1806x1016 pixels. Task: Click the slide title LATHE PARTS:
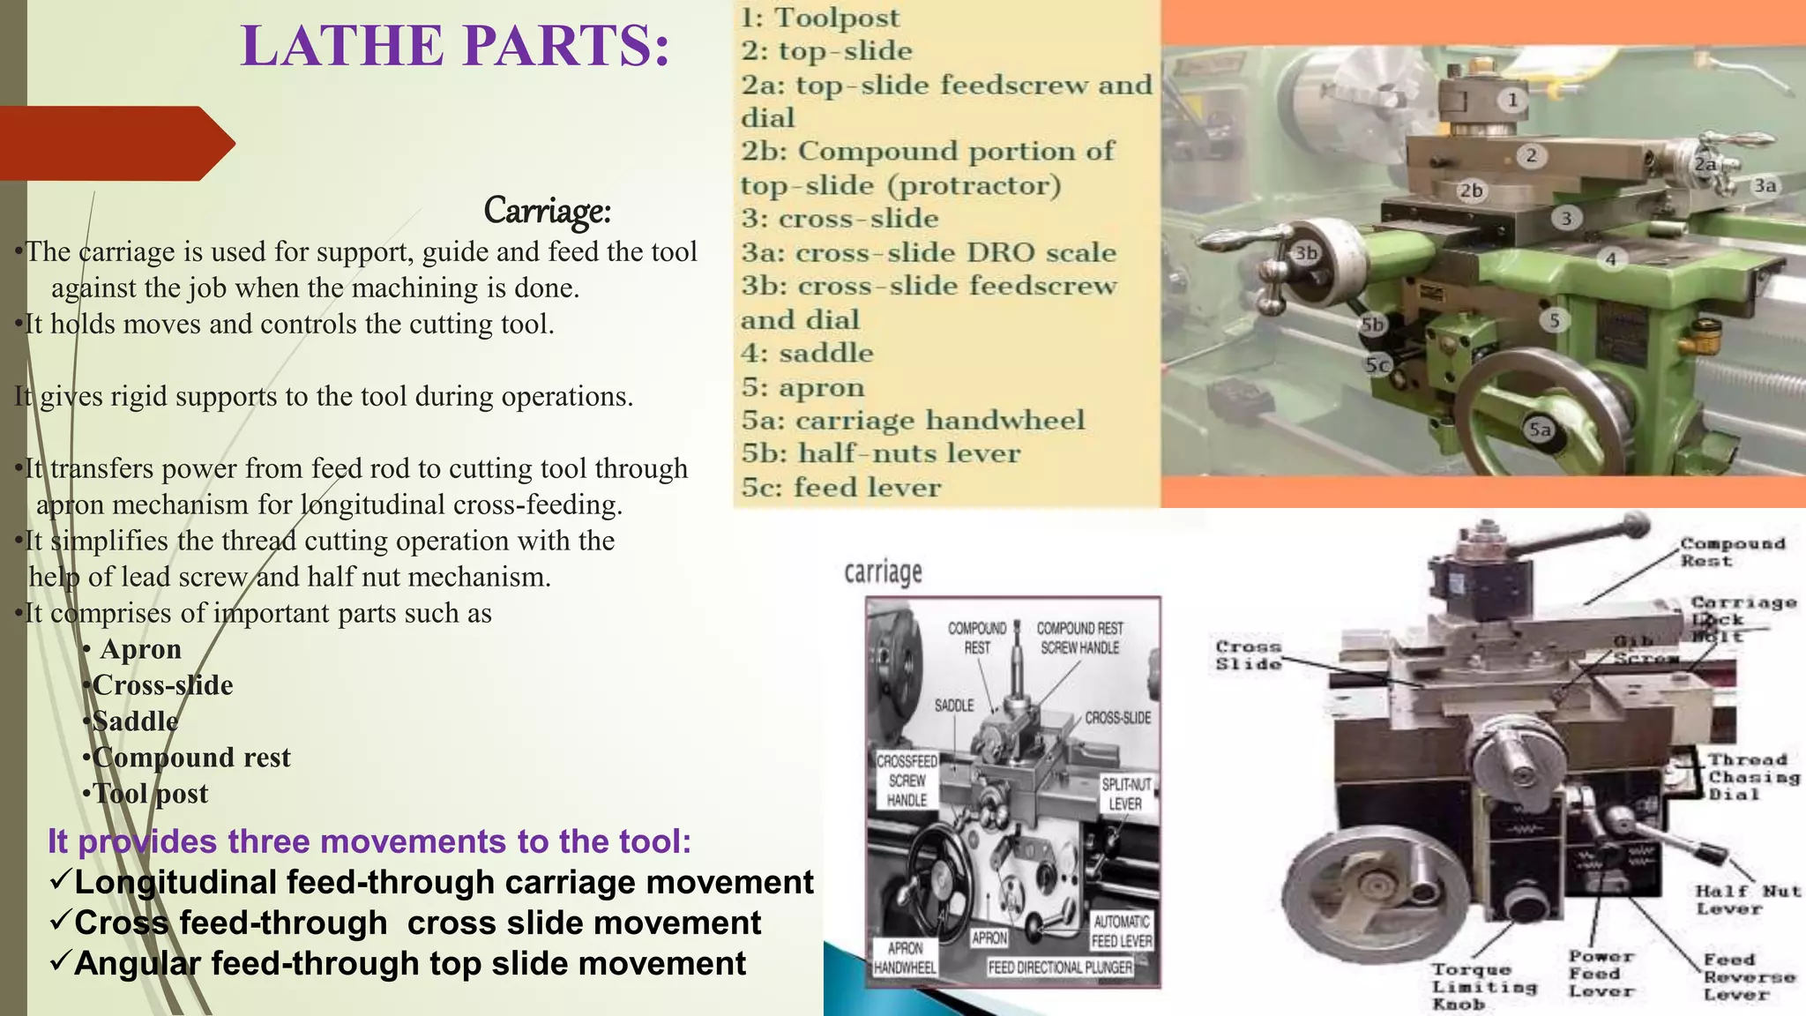tap(455, 46)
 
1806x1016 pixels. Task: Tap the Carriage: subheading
tap(547, 211)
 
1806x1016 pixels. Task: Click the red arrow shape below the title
tap(115, 143)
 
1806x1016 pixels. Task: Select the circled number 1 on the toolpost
tap(1512, 100)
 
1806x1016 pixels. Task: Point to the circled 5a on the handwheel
tap(1540, 430)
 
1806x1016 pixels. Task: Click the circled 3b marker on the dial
tap(1306, 253)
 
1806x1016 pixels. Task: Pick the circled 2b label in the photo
tap(1471, 190)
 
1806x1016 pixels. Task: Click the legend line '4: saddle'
tap(807, 354)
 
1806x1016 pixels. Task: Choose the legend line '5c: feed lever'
tap(840, 488)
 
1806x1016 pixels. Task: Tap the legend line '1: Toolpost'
tap(820, 18)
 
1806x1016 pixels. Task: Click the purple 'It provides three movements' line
tap(369, 841)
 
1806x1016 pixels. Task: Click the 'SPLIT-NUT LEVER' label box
tap(1125, 794)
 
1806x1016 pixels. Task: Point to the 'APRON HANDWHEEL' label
tap(905, 958)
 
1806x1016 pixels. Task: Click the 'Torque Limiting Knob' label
tap(1483, 987)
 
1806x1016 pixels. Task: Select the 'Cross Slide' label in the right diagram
tap(1248, 655)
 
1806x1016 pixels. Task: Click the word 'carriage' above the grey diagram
tap(883, 573)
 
